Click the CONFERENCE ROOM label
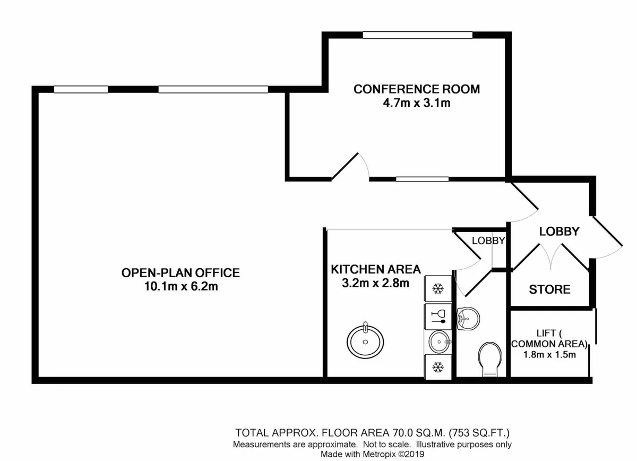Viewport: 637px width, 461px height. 417,89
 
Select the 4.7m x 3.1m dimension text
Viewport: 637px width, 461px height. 417,103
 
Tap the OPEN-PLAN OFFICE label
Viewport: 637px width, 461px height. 180,272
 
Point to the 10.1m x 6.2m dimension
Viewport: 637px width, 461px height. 181,286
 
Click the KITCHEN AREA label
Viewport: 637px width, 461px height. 376,269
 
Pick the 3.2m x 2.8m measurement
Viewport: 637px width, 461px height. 375,283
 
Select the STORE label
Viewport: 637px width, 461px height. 550,289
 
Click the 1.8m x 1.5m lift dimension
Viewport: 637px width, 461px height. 550,355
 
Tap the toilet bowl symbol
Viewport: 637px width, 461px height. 489,359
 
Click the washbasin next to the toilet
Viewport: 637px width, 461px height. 468,319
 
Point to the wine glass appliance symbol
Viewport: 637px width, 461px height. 438,317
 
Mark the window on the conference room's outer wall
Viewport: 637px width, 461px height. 417,35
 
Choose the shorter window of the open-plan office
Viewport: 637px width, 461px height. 81,89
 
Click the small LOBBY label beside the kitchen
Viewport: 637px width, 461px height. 488,241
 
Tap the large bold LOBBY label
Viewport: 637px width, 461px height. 559,232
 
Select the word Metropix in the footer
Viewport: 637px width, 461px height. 379,454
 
